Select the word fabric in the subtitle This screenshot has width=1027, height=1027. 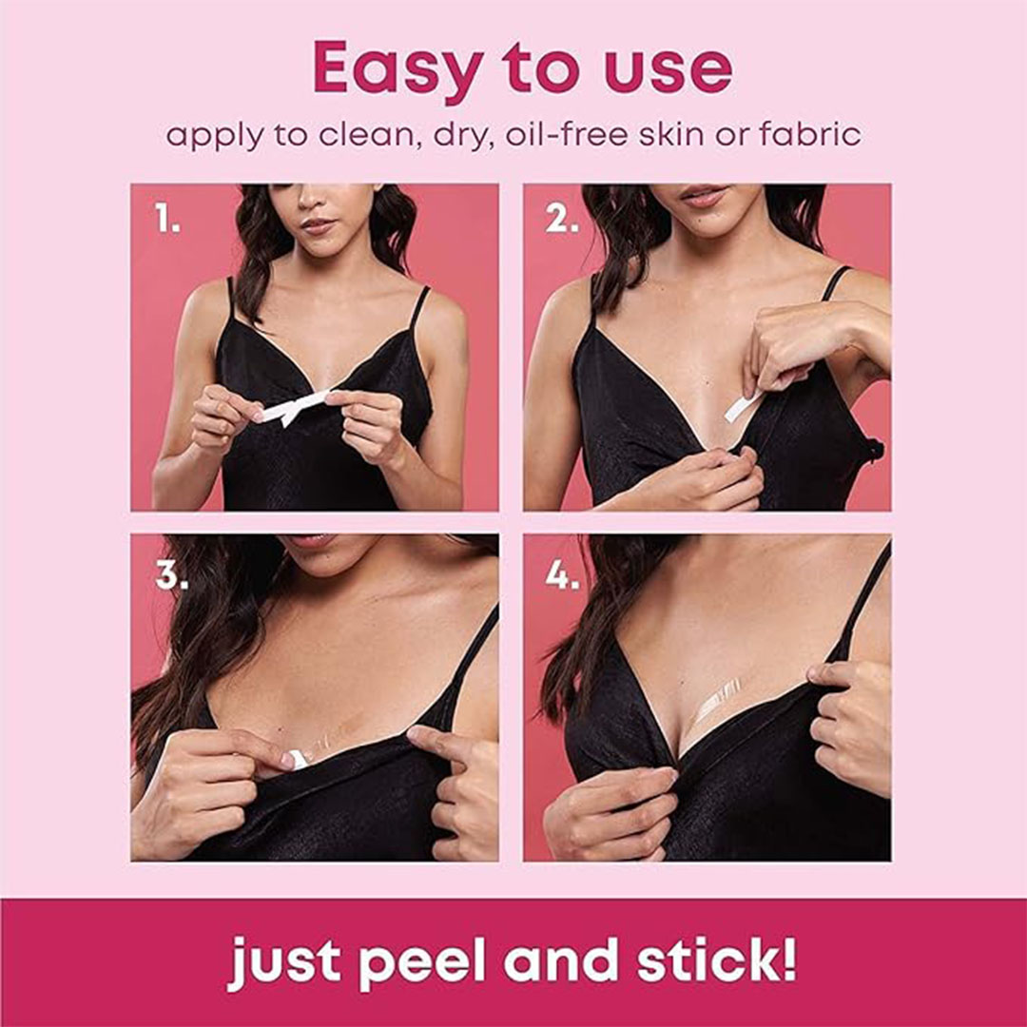809,135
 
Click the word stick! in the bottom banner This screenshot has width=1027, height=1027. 717,959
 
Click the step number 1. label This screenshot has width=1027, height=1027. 167,218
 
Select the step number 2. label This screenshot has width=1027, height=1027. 562,218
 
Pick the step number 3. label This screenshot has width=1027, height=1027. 171,574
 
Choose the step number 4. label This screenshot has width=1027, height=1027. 563,574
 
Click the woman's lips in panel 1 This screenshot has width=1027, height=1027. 318,226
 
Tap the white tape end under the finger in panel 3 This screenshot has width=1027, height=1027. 299,759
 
